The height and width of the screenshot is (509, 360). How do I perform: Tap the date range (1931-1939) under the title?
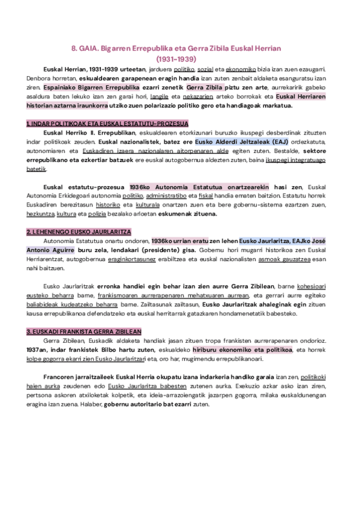point(180,59)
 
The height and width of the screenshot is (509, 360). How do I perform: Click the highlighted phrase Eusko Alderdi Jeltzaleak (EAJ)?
point(235,141)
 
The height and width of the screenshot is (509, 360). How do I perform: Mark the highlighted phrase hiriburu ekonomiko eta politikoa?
point(242,349)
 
